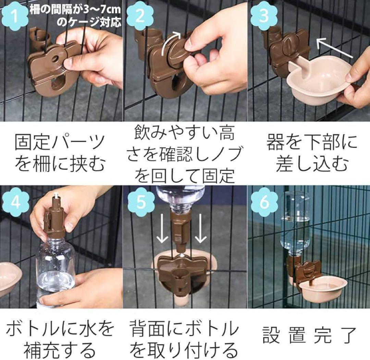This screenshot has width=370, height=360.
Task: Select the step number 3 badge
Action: [x=264, y=16]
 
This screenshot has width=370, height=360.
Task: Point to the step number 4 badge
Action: [x=15, y=202]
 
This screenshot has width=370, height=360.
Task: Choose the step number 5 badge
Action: [x=141, y=202]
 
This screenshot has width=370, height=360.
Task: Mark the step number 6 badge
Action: [x=264, y=202]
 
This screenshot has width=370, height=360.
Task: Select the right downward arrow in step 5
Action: [x=201, y=228]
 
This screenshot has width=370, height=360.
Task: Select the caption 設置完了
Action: [x=309, y=335]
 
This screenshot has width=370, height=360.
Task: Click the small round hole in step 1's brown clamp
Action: [x=56, y=58]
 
